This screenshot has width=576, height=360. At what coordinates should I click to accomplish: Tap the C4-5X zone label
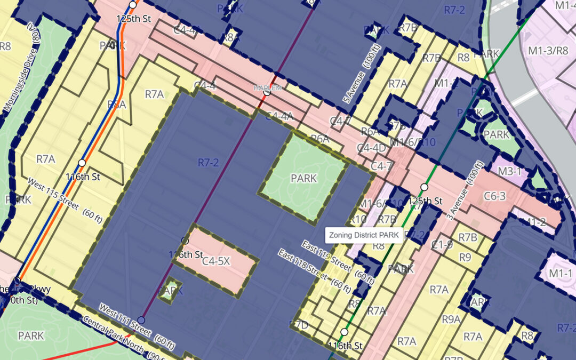click(x=216, y=261)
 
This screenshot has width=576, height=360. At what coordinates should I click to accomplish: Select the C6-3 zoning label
click(x=494, y=197)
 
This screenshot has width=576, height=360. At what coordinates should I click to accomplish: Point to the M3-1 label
click(x=509, y=171)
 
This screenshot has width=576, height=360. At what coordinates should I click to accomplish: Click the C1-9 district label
click(x=442, y=245)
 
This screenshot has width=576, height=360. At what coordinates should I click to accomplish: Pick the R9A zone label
click(x=451, y=319)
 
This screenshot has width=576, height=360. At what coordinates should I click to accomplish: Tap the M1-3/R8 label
click(x=548, y=50)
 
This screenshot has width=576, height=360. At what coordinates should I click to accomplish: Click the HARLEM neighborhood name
click(x=267, y=88)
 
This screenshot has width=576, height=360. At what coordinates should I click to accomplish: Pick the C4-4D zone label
click(x=371, y=147)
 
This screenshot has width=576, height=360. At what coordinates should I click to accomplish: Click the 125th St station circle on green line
click(x=425, y=187)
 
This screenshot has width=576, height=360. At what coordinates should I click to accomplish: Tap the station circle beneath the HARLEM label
click(x=266, y=93)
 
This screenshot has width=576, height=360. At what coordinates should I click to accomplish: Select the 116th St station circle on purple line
click(x=185, y=241)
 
